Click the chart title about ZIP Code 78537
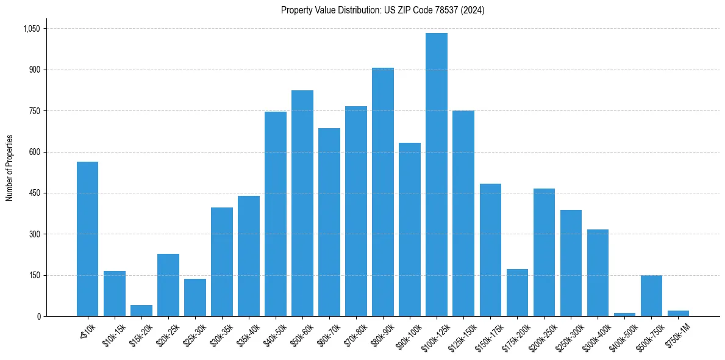(x=382, y=10)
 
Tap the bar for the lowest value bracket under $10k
(x=87, y=239)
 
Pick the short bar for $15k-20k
(x=141, y=311)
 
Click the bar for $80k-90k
(x=383, y=192)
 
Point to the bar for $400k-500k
(x=624, y=314)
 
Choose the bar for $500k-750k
(x=651, y=296)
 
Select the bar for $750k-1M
(x=678, y=313)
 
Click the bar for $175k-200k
(x=517, y=293)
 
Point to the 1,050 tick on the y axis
(x=31, y=29)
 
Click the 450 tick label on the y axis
(x=34, y=193)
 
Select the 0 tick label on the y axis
(x=38, y=317)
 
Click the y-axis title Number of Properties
(x=10, y=168)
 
